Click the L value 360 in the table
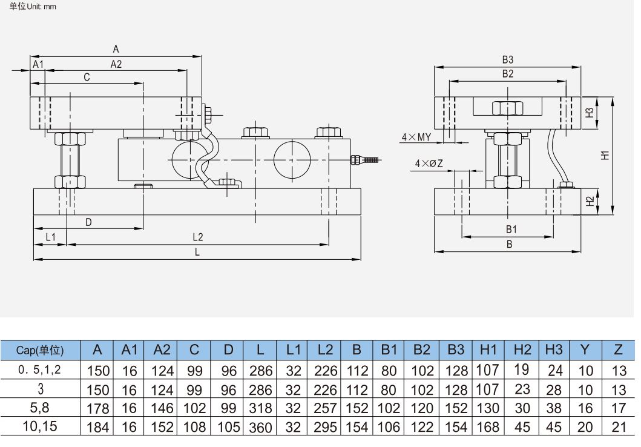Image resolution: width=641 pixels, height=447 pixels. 260,427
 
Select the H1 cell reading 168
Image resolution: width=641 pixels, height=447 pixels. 488,427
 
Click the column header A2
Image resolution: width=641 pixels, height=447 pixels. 162,349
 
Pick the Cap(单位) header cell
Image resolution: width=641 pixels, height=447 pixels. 40,350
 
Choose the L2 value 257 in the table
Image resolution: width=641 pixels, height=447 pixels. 326,408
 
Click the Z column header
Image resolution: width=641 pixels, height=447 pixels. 618,349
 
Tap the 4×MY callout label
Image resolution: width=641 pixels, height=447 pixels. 416,137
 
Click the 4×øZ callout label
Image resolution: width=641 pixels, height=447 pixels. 429,164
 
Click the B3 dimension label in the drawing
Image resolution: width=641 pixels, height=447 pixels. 507,60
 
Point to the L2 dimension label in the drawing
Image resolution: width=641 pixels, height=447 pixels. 197,236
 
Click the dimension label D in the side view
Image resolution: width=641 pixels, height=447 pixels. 88,222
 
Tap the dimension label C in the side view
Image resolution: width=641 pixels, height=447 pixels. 87,78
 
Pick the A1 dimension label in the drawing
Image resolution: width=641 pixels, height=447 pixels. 38,64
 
